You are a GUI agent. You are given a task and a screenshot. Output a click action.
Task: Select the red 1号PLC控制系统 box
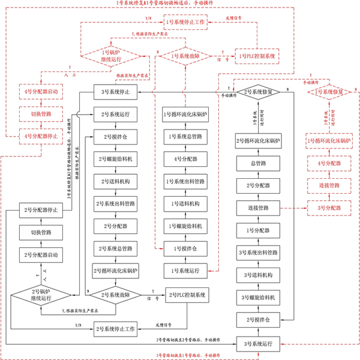255,56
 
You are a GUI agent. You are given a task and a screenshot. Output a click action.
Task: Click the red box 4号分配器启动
41,93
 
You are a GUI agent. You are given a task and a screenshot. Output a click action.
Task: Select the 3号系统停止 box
116,92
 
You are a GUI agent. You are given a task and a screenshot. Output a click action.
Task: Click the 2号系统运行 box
116,113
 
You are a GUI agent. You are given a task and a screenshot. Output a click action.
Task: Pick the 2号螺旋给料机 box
116,159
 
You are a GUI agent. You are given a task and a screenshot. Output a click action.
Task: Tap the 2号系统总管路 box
116,248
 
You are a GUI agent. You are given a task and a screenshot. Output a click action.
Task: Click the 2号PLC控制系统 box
187,295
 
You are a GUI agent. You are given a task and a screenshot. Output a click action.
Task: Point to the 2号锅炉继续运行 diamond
41,295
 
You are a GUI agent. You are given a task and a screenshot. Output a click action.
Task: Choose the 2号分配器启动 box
41,255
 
